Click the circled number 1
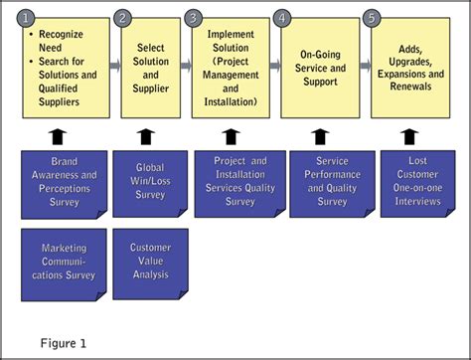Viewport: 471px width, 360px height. [30, 17]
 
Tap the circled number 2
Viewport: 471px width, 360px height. [122, 17]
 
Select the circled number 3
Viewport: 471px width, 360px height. [193, 17]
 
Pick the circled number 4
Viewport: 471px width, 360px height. [283, 17]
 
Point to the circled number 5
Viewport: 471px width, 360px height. [372, 17]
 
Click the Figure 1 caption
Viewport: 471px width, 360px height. [64, 343]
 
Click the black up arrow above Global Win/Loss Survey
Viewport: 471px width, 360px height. [146, 135]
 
